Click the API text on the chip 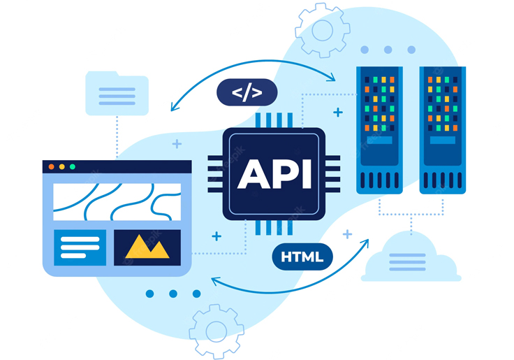click(x=274, y=173)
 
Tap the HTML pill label click(x=302, y=257)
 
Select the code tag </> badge click(x=247, y=93)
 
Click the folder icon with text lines click(x=117, y=93)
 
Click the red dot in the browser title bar click(x=51, y=167)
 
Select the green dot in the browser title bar click(x=72, y=167)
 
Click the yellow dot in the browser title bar click(x=61, y=167)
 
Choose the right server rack click(x=442, y=129)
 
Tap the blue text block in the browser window click(x=80, y=247)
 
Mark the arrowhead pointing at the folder click(x=175, y=107)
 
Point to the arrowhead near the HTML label click(x=365, y=242)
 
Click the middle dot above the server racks click(x=388, y=50)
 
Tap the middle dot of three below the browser click(x=173, y=294)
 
